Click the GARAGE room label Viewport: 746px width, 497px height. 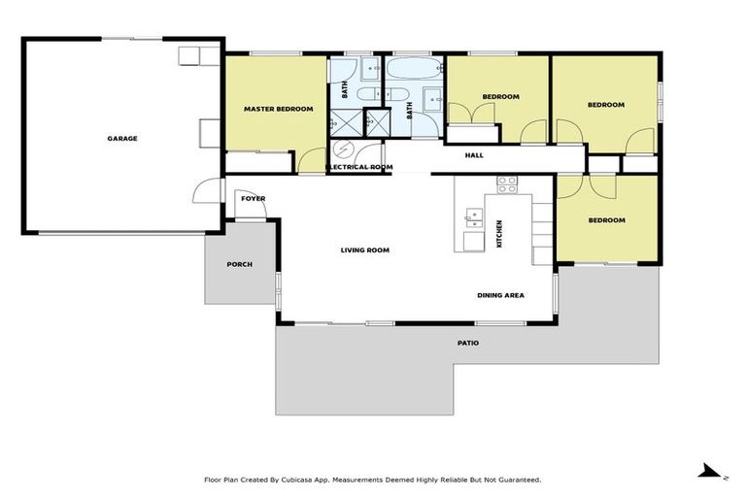pos(122,139)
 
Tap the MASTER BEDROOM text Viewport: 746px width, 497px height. pos(278,109)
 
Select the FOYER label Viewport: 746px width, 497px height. pos(253,199)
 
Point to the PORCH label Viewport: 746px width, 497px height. pos(239,264)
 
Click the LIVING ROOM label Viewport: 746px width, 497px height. pos(364,250)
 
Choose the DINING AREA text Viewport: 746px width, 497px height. pos(500,295)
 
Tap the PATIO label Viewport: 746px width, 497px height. pos(468,343)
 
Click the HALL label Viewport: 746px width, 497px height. pos(474,155)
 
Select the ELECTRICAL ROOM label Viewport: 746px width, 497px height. pos(359,167)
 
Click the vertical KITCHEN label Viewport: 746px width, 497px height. pos(499,234)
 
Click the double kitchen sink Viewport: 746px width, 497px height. pos(474,215)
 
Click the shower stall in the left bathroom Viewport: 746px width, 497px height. pos(342,122)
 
